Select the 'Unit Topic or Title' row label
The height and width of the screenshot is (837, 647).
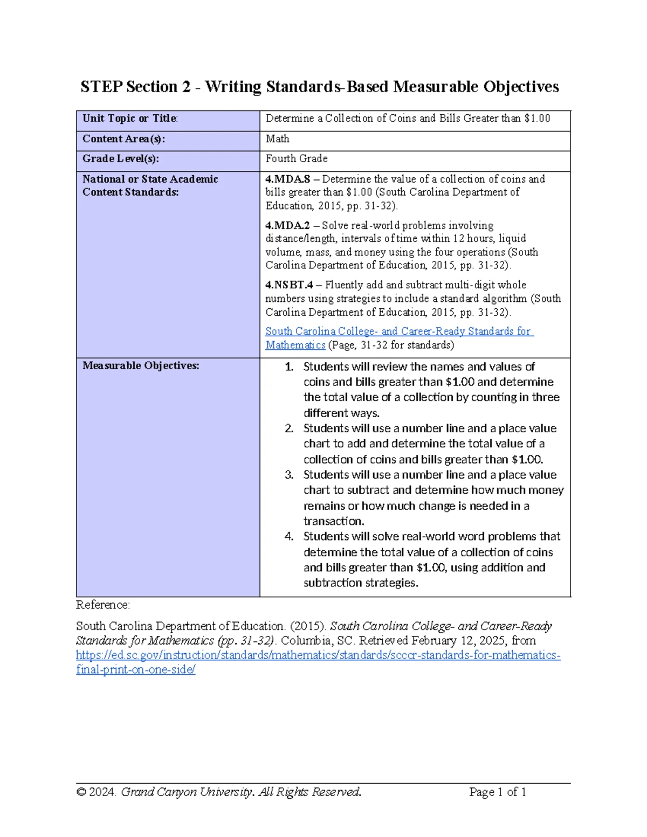point(130,119)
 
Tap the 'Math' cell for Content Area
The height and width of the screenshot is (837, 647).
point(277,139)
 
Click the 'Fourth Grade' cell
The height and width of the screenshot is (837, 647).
point(297,158)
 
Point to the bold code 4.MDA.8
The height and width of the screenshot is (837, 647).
point(288,179)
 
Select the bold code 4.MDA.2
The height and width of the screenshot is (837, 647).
point(288,225)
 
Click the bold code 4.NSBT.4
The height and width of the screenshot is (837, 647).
point(290,285)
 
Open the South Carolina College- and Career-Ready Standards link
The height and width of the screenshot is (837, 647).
point(399,331)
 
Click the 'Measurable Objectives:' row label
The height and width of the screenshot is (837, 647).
point(141,365)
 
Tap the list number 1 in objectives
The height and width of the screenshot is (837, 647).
point(290,367)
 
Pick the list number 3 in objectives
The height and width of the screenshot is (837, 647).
point(290,475)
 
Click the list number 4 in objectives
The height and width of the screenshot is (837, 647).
point(290,536)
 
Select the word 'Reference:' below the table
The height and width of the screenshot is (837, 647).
point(103,605)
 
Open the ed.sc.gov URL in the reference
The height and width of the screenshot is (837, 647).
point(318,655)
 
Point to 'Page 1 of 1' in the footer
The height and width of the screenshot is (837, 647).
point(497,792)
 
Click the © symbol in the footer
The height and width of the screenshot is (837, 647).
point(81,792)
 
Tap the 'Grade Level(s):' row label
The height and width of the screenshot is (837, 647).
point(121,158)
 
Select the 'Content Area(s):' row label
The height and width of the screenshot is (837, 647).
point(124,139)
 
